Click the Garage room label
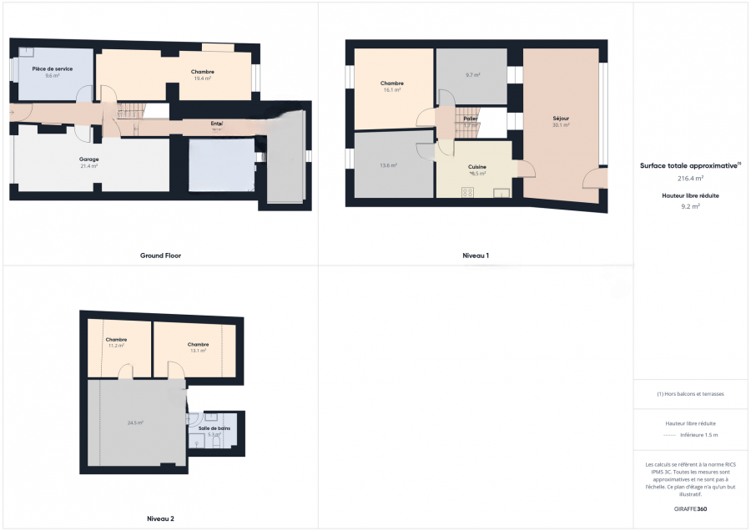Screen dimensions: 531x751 pyautogui.click(x=89, y=159)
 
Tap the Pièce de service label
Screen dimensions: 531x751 pyautogui.click(x=52, y=68)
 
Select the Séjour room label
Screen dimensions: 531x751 pyautogui.click(x=561, y=119)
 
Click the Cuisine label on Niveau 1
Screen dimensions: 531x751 pyautogui.click(x=477, y=167)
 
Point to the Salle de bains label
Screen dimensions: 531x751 pyautogui.click(x=214, y=428)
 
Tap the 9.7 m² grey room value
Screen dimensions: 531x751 pyautogui.click(x=472, y=75)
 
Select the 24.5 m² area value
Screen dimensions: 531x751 pyautogui.click(x=135, y=423)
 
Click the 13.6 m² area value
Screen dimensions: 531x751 pyautogui.click(x=388, y=165)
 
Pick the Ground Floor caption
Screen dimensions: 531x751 pyautogui.click(x=160, y=255)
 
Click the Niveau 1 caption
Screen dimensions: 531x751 pyautogui.click(x=476, y=255)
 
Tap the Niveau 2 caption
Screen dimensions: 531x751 pyautogui.click(x=160, y=518)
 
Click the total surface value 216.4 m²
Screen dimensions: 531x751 pyautogui.click(x=690, y=178)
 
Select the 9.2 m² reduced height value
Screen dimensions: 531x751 pyautogui.click(x=690, y=205)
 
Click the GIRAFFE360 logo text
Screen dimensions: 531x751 pyautogui.click(x=690, y=508)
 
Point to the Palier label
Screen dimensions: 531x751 pyautogui.click(x=471, y=119)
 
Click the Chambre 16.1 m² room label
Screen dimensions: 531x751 pyautogui.click(x=392, y=83)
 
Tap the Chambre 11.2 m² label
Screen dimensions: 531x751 pyautogui.click(x=116, y=340)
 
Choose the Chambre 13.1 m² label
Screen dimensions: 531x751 pyautogui.click(x=198, y=344)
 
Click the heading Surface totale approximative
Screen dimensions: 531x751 pyautogui.click(x=689, y=165)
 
